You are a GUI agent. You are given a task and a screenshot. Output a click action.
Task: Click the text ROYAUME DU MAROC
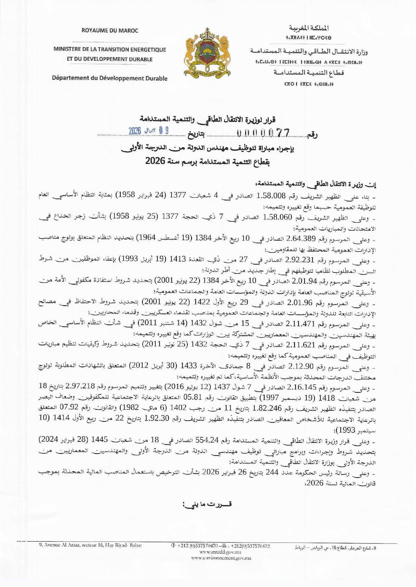click(x=110, y=30)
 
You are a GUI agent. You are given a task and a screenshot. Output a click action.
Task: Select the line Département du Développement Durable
click(x=110, y=78)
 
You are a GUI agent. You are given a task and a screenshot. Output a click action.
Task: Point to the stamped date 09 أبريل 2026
click(x=148, y=130)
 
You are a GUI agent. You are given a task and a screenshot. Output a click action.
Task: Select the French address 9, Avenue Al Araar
click(x=90, y=545)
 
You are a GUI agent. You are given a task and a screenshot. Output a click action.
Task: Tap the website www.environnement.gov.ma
click(x=221, y=558)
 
